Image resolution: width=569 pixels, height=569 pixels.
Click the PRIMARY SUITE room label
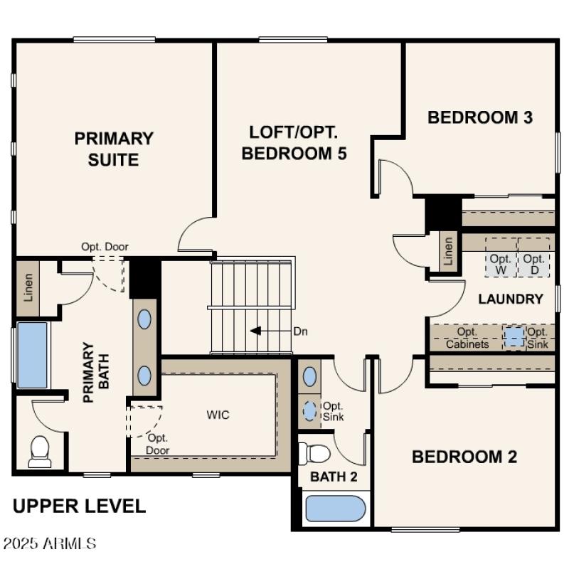point(114,149)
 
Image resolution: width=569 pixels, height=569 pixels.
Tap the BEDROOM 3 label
point(480,117)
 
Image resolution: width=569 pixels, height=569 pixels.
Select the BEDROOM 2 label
point(464,457)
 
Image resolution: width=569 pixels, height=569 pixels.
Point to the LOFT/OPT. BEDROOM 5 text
point(294,142)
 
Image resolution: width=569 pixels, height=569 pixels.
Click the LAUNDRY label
point(511,299)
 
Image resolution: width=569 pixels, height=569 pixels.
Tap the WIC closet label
point(218,415)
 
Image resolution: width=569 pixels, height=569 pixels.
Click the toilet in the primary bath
point(40,451)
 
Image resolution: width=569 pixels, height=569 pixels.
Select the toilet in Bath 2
point(316,452)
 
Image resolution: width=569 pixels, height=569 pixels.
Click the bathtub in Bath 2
point(334,509)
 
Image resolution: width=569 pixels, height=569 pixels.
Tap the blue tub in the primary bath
point(32,355)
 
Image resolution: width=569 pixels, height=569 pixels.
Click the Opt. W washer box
point(501,264)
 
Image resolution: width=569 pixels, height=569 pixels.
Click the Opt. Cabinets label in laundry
point(467,339)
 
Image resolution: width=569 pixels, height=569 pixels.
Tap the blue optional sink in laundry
point(514,336)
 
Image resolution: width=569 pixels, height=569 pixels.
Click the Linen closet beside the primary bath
point(28,286)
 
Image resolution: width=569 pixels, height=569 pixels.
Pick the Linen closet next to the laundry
point(448,250)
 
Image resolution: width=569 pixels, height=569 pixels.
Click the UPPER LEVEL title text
point(80,506)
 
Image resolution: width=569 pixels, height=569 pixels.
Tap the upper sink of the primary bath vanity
point(144,319)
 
